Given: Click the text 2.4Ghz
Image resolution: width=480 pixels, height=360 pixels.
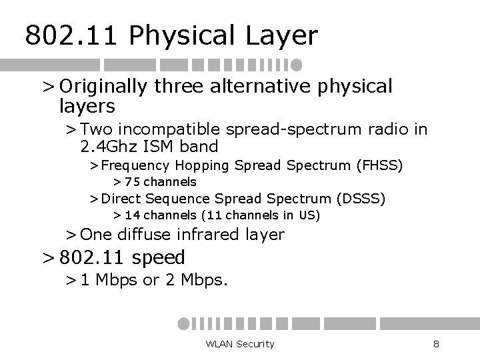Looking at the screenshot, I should pyautogui.click(x=107, y=145).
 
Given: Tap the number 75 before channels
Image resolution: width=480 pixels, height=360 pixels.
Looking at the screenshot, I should pyautogui.click(x=133, y=181).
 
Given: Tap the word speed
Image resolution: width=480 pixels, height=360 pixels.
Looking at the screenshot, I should pyautogui.click(x=159, y=257).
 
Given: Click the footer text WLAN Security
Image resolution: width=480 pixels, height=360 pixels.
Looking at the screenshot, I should pyautogui.click(x=240, y=343).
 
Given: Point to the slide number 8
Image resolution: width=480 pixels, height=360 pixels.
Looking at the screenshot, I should pyautogui.click(x=435, y=343).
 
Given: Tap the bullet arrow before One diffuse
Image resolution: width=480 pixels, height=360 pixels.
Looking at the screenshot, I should pyautogui.click(x=70, y=235).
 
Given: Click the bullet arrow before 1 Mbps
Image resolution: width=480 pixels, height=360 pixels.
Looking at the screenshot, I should pyautogui.click(x=70, y=280).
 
